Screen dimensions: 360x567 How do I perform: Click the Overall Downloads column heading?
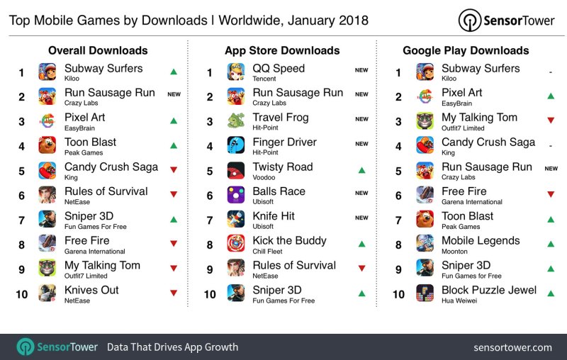pyautogui.click(x=98, y=50)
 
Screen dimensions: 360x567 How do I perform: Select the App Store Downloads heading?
pyautogui.click(x=282, y=50)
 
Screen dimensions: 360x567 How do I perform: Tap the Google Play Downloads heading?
pyautogui.click(x=466, y=50)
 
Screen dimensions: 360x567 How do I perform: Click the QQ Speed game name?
pyautogui.click(x=279, y=69)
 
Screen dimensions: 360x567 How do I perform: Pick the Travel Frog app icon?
pyautogui.click(x=236, y=120)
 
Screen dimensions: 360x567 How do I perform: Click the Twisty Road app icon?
pyautogui.click(x=236, y=170)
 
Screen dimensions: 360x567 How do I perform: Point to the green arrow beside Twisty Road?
pyautogui.click(x=361, y=170)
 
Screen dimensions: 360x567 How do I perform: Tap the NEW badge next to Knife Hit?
pyautogui.click(x=361, y=218)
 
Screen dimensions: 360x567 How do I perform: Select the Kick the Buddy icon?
pyautogui.click(x=236, y=244)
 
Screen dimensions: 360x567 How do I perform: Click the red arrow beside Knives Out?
pyautogui.click(x=173, y=293)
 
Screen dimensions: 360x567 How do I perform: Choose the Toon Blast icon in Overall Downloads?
pyautogui.click(x=47, y=145)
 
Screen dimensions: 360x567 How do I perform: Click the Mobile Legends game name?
pyautogui.click(x=481, y=240)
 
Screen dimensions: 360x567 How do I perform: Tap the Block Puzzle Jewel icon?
pyautogui.click(x=425, y=293)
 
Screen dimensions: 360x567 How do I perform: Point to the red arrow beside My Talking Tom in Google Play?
pyautogui.click(x=550, y=120)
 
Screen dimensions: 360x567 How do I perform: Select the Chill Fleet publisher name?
pyautogui.click(x=268, y=252)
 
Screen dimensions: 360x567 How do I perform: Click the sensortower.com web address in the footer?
pyautogui.click(x=512, y=347)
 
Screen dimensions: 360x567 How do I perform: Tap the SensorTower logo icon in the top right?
pyautogui.click(x=468, y=19)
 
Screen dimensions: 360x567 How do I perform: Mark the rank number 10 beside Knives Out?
pyautogui.click(x=22, y=293)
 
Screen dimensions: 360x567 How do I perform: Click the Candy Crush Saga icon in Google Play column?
pyautogui.click(x=425, y=145)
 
